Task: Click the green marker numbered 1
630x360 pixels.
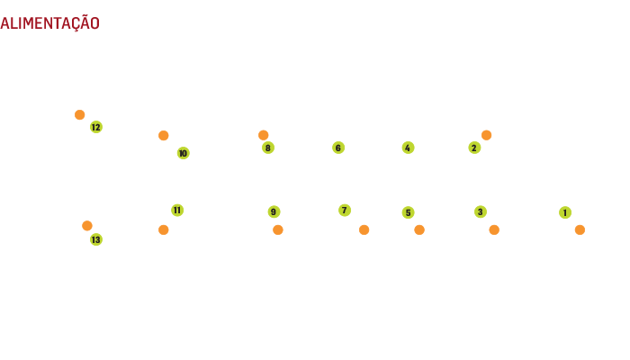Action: [x=565, y=212]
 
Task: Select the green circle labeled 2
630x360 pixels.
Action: [x=474, y=148]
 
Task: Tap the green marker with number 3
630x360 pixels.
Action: [x=481, y=211]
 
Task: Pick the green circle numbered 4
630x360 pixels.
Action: [x=408, y=148]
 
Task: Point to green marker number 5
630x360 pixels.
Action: [x=408, y=212]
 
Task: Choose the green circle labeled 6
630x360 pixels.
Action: [x=338, y=148]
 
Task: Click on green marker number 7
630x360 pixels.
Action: [x=345, y=210]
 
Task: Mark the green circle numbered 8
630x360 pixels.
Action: [x=268, y=148]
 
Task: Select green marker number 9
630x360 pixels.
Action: [x=274, y=211]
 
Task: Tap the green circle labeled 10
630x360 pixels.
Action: [x=183, y=153]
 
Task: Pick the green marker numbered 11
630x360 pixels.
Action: [x=177, y=210]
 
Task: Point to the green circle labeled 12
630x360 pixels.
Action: [x=96, y=127]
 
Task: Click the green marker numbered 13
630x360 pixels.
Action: [x=96, y=239]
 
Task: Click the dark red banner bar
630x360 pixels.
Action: [x=43, y=22]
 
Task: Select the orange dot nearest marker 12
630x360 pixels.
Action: [x=80, y=114]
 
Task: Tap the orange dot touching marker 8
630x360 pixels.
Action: [x=264, y=135]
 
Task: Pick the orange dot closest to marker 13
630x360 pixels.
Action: [x=87, y=226]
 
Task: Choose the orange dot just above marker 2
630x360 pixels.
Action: [x=486, y=135]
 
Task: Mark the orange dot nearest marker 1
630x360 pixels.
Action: [x=580, y=229]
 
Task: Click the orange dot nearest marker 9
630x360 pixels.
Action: [x=278, y=229]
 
